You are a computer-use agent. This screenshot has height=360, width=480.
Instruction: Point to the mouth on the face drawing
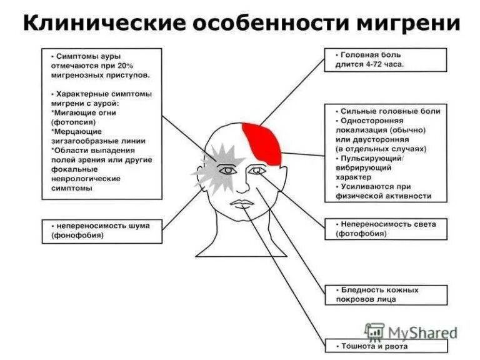point(242,203)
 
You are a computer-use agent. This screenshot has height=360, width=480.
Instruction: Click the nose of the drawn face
point(242,185)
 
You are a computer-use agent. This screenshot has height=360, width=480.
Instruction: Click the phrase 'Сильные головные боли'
point(391,111)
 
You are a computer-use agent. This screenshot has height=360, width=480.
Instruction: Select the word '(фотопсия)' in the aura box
point(72,122)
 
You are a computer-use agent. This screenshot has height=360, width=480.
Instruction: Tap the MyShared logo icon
point(375,332)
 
